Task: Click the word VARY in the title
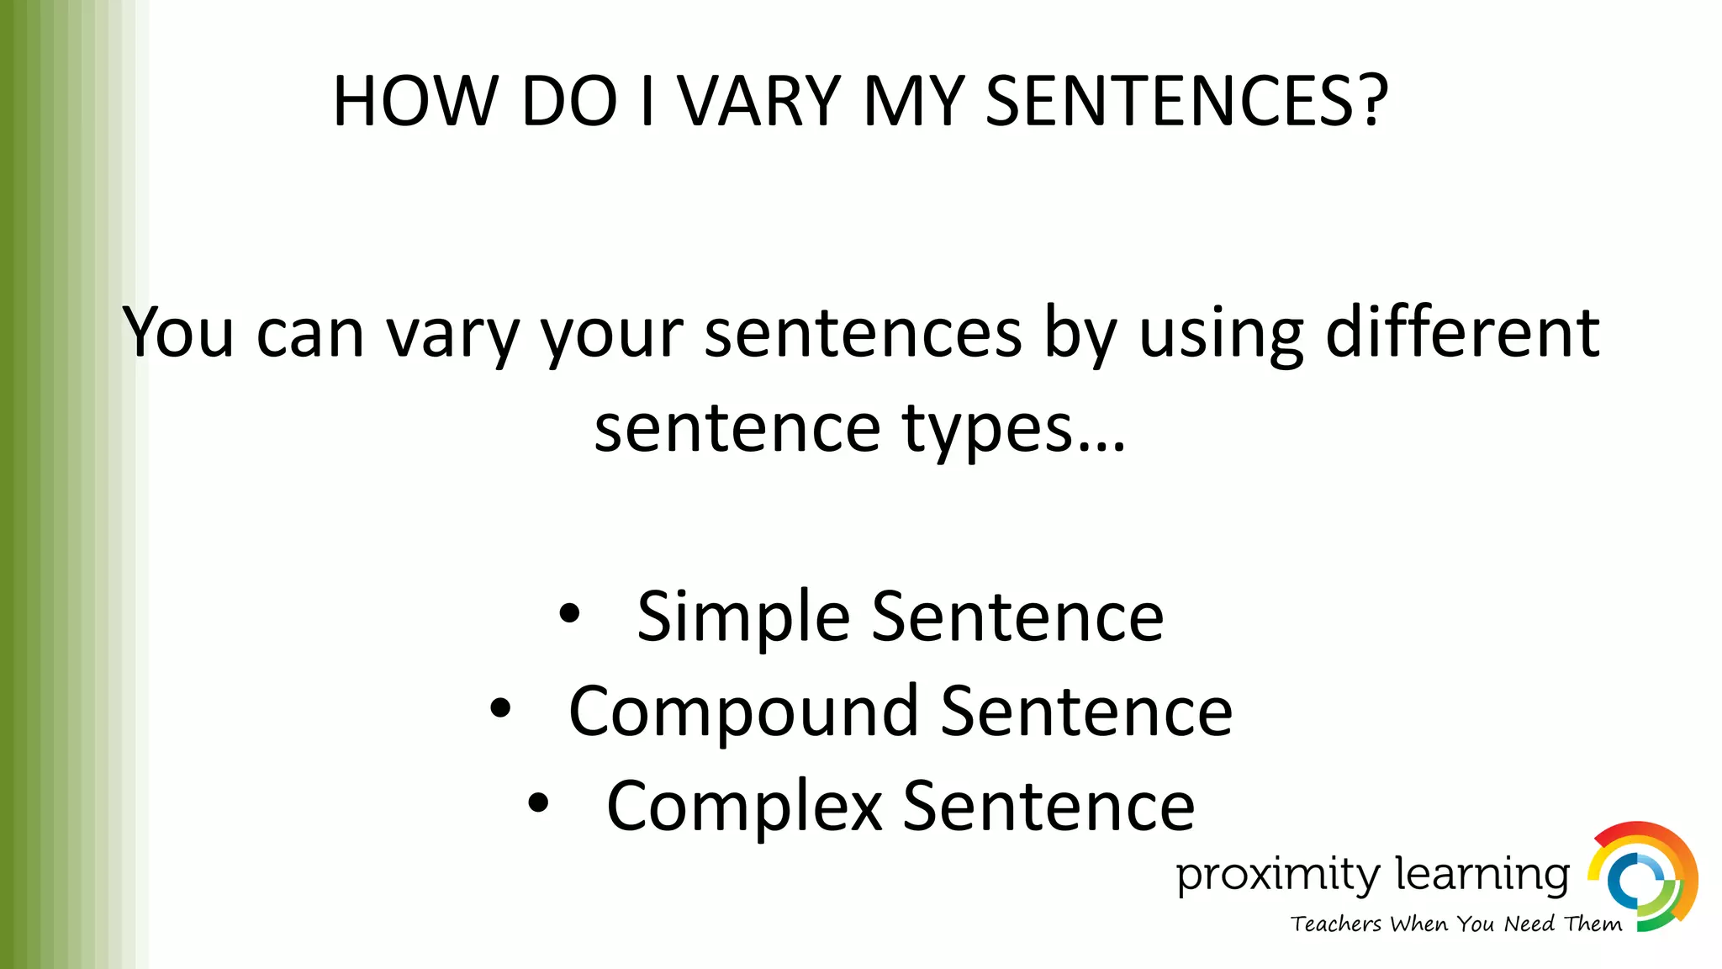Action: tap(759, 102)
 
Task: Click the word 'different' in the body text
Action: tap(1462, 333)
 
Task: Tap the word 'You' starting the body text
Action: tap(178, 333)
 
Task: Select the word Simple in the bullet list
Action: tap(743, 617)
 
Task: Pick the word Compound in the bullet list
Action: tap(743, 712)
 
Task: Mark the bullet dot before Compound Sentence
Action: tap(500, 709)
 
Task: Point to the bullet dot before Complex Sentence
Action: tap(538, 804)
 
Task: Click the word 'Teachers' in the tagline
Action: tap(1336, 924)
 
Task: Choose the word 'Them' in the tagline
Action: tap(1593, 924)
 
